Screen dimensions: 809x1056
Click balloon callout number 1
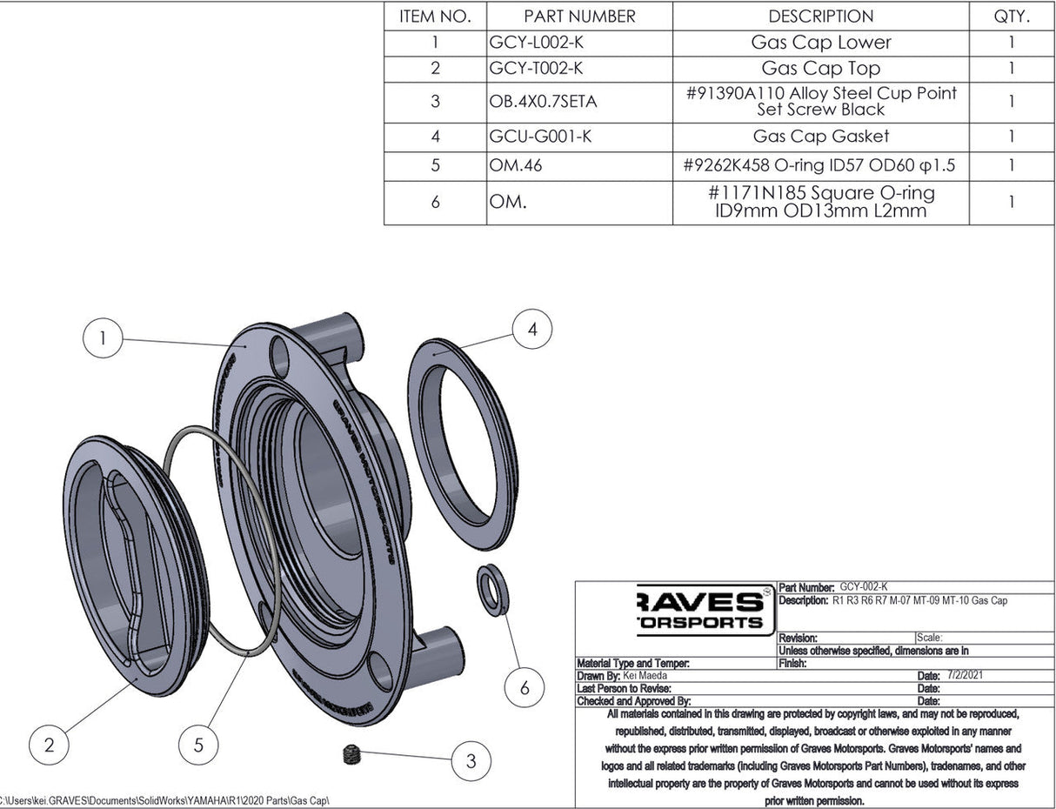click(103, 338)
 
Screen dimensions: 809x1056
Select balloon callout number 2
click(50, 744)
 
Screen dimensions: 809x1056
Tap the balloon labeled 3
click(471, 761)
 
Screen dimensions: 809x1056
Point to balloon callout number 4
click(532, 330)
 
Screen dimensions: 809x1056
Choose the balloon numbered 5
click(199, 744)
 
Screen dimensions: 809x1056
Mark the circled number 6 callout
click(524, 687)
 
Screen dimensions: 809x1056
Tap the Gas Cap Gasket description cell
click(820, 136)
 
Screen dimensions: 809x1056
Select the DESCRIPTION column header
click(820, 17)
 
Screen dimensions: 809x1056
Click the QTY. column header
click(1011, 17)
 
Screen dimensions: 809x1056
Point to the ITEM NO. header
click(435, 17)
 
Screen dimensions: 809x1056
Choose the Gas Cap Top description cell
click(820, 68)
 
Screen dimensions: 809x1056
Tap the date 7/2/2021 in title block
click(966, 675)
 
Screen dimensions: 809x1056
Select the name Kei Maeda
click(646, 675)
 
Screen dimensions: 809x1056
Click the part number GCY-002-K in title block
click(864, 587)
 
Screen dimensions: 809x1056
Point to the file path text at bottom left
click(165, 800)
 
